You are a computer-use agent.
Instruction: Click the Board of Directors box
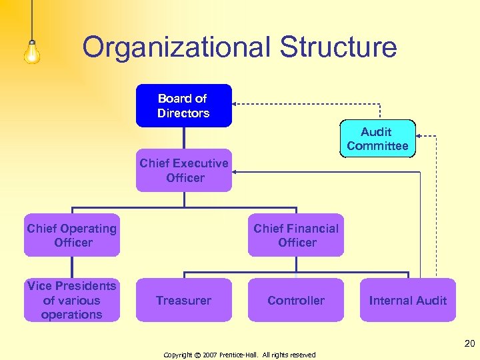click(184, 105)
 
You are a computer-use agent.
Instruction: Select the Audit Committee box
click(377, 139)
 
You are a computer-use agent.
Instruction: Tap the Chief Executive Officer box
click(184, 170)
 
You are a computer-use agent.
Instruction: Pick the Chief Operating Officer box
click(72, 235)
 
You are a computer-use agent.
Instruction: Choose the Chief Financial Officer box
click(296, 235)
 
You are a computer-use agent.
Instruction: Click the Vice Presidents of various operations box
click(72, 300)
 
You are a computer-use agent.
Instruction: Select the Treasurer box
click(184, 300)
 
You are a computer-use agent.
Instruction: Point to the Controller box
click(296, 300)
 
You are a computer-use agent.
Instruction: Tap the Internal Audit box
click(408, 300)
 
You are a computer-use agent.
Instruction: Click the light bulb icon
click(32, 50)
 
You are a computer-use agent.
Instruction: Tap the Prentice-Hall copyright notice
click(240, 355)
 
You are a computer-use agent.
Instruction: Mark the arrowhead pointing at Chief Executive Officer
click(235, 172)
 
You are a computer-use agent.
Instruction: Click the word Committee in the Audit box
click(377, 146)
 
